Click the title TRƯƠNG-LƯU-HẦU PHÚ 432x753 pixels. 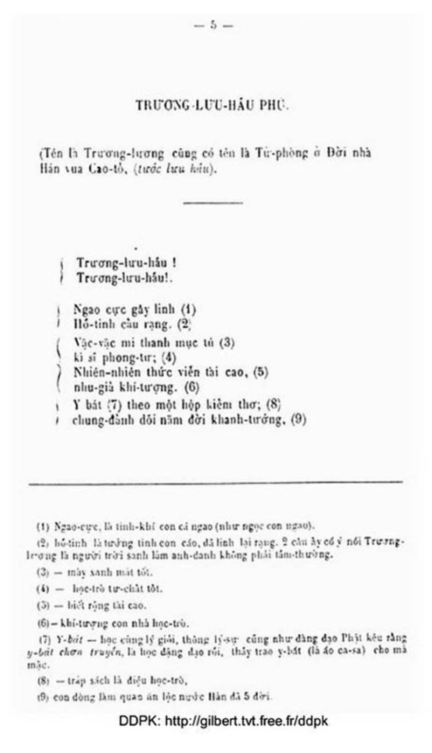coord(212,106)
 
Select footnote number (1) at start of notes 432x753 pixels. coord(43,526)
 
